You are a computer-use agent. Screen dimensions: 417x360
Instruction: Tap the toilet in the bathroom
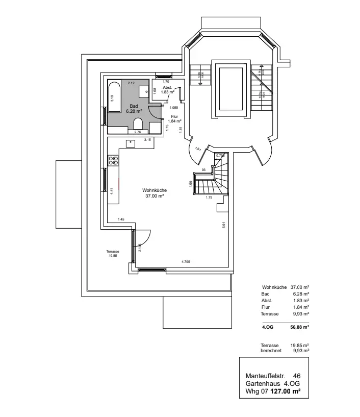tap(138, 124)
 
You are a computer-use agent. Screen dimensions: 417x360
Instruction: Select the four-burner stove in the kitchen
tap(113, 160)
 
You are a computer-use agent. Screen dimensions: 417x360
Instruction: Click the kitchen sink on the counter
tap(130, 143)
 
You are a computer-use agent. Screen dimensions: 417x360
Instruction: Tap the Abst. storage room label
tap(168, 90)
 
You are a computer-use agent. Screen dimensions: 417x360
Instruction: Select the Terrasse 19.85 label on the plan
tap(113, 254)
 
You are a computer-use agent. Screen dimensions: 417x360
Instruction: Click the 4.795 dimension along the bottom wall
tap(186, 261)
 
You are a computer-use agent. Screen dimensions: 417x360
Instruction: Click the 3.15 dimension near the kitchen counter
tap(147, 139)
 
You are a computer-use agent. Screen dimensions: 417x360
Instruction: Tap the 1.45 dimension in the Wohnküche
tap(121, 219)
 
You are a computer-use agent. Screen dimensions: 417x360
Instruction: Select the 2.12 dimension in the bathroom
tap(131, 83)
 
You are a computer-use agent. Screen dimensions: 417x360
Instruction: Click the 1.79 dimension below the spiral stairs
tap(209, 197)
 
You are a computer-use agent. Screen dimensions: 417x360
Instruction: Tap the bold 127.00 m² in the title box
tap(285, 392)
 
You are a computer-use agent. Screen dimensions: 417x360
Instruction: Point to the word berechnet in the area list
tap(271, 351)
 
